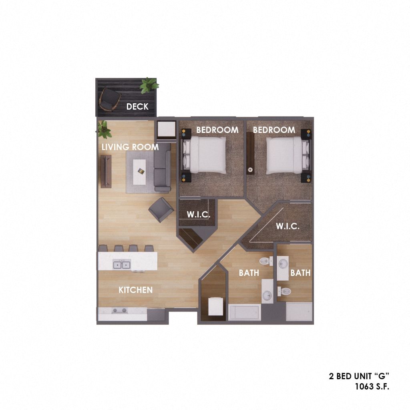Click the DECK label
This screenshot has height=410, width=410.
pyautogui.click(x=137, y=107)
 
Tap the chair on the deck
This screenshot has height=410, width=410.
pyautogui.click(x=109, y=98)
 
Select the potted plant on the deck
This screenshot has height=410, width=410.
pyautogui.click(x=149, y=85)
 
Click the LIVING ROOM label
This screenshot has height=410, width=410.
pyautogui.click(x=130, y=147)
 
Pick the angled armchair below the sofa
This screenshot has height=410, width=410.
pyautogui.click(x=161, y=209)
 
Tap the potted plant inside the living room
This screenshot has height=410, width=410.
pyautogui.click(x=105, y=129)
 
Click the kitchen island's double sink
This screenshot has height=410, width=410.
pyautogui.click(x=122, y=265)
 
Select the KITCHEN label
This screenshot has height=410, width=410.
pyautogui.click(x=135, y=290)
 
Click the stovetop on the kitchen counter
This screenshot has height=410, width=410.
pyautogui.click(x=119, y=310)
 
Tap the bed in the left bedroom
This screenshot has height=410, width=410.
pyautogui.click(x=204, y=155)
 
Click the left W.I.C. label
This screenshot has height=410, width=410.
pyautogui.click(x=199, y=215)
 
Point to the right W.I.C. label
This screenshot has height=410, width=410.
pyautogui.click(x=287, y=226)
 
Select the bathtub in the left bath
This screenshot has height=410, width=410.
pyautogui.click(x=245, y=312)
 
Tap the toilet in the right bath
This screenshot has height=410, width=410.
pyautogui.click(x=284, y=291)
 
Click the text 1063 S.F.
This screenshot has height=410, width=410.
pyautogui.click(x=372, y=386)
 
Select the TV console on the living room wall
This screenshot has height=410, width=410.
pyautogui.click(x=106, y=171)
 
